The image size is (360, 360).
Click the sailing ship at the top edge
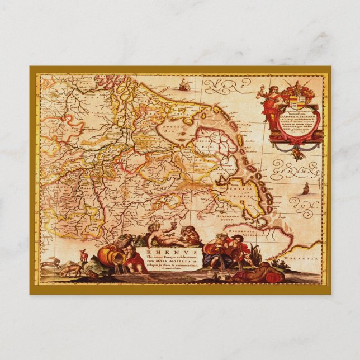(x=184, y=85)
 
